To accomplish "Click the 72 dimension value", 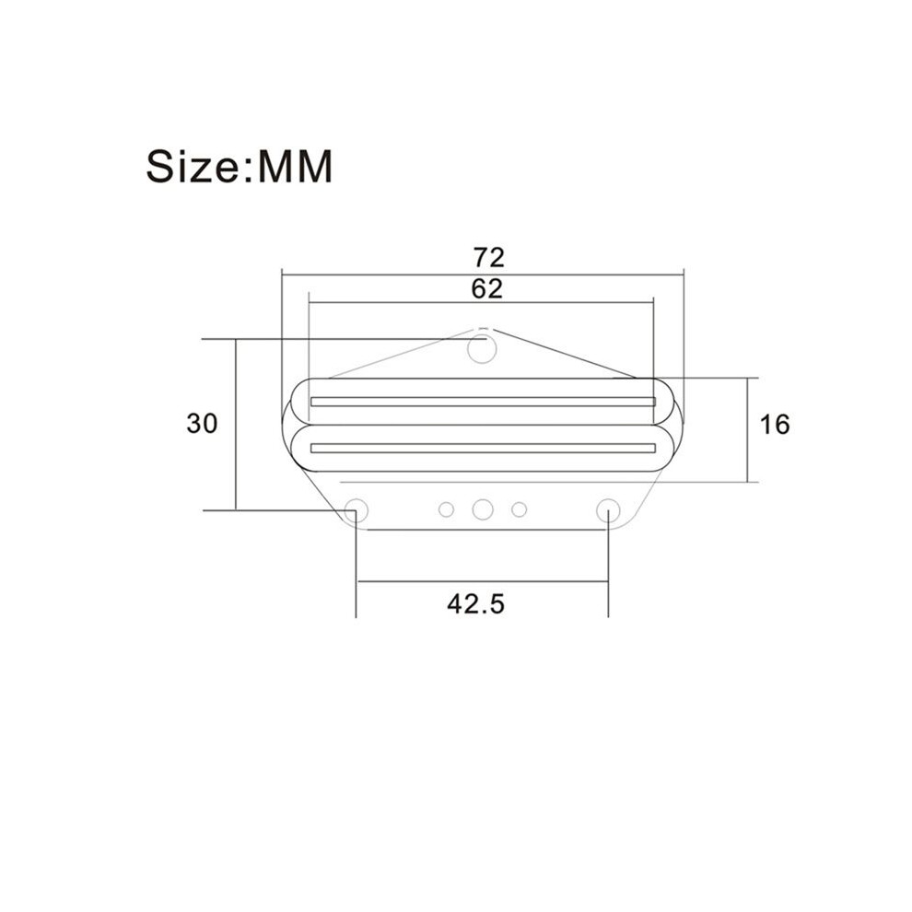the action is pyautogui.click(x=488, y=258).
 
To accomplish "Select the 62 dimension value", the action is pyautogui.click(x=487, y=289).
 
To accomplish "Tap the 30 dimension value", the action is pyautogui.click(x=202, y=424).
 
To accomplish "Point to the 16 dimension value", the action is pyautogui.click(x=775, y=425).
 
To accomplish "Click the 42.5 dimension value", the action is pyautogui.click(x=475, y=604).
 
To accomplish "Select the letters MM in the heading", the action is pyautogui.click(x=295, y=167).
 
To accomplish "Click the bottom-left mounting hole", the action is pyautogui.click(x=356, y=510).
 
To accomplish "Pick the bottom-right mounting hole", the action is pyautogui.click(x=608, y=510).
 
